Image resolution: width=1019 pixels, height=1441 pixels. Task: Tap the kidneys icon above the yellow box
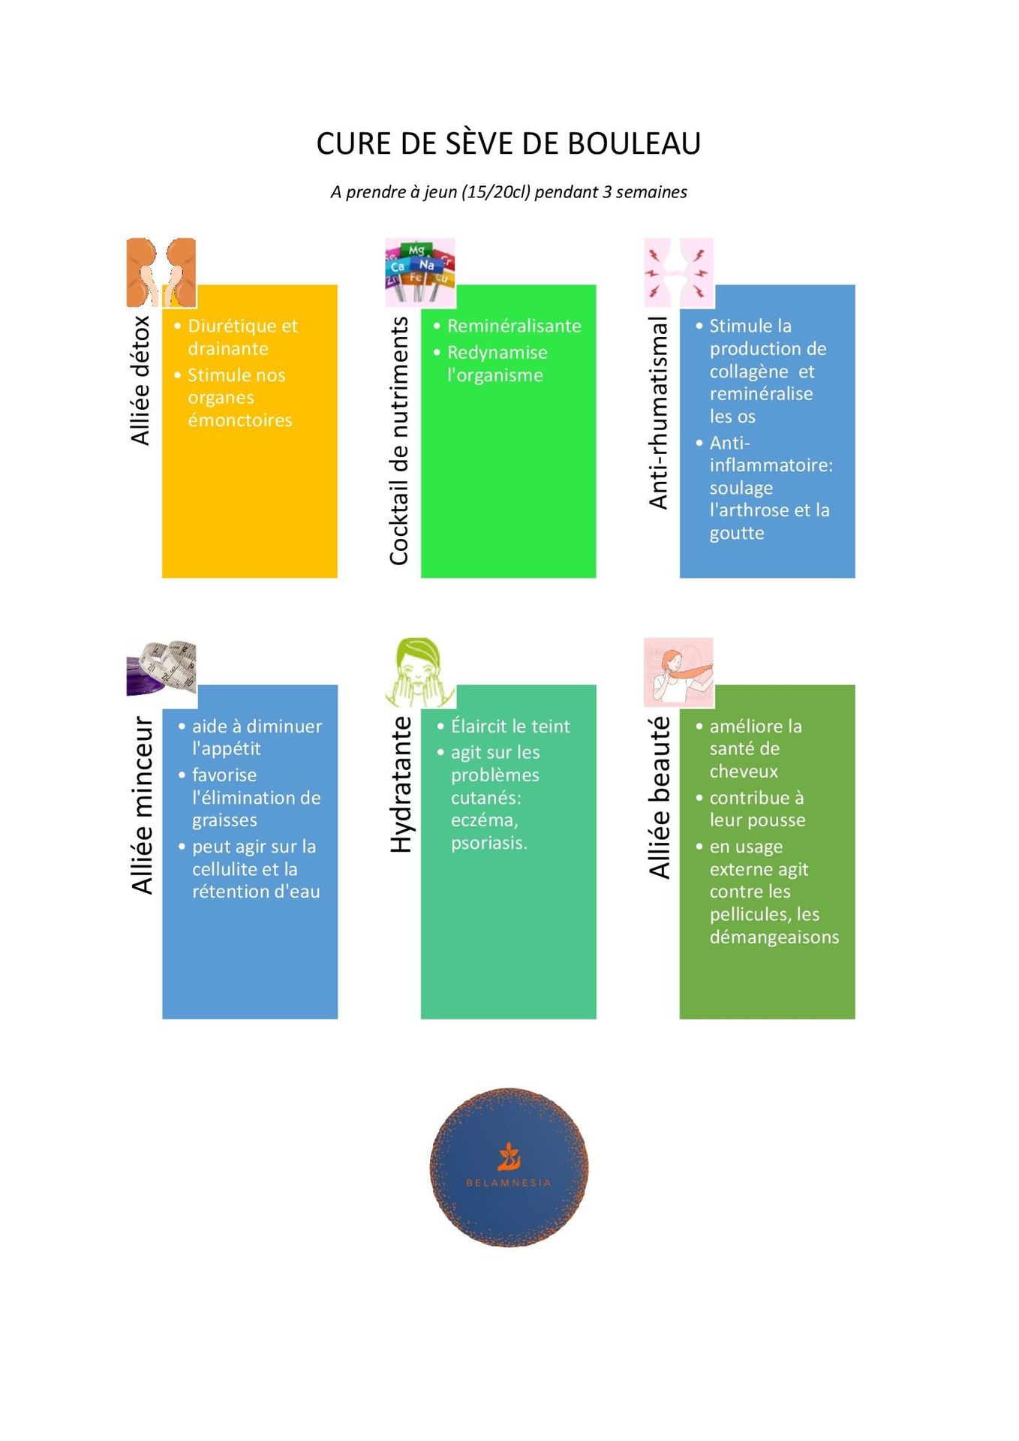tap(161, 272)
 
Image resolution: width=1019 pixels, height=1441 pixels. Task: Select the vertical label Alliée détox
tap(140, 381)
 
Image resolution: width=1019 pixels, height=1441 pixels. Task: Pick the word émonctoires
tap(240, 420)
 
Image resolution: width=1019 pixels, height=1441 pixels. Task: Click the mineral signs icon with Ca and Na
tap(420, 272)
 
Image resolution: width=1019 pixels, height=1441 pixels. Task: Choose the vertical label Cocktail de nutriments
tap(399, 441)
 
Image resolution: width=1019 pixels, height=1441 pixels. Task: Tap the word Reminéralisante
tap(514, 326)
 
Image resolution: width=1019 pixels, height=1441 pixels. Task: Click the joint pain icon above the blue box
tap(679, 272)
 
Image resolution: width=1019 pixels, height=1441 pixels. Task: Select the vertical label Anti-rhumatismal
tap(658, 413)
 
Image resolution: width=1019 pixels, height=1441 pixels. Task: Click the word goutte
tap(737, 533)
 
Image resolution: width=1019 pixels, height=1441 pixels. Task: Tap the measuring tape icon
tap(161, 667)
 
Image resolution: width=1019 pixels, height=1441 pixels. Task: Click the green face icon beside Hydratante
tap(420, 672)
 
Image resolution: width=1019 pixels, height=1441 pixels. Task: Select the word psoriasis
tap(489, 843)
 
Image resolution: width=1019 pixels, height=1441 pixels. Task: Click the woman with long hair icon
tap(679, 672)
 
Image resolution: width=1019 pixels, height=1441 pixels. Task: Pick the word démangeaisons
tap(774, 937)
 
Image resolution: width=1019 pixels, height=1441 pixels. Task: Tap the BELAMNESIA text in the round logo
tap(509, 1183)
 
